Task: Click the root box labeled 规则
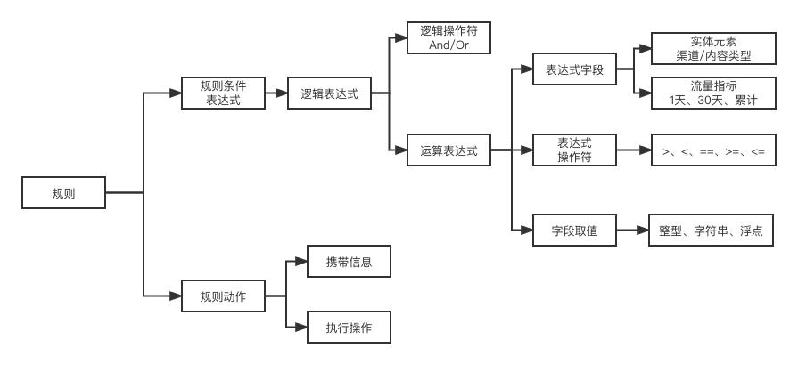[x=63, y=192]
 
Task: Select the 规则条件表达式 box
[x=223, y=93]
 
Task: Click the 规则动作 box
[x=223, y=296]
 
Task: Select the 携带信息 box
[x=349, y=264]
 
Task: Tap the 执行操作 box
[x=349, y=328]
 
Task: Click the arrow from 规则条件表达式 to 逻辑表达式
[x=276, y=93]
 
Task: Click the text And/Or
[x=448, y=45]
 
